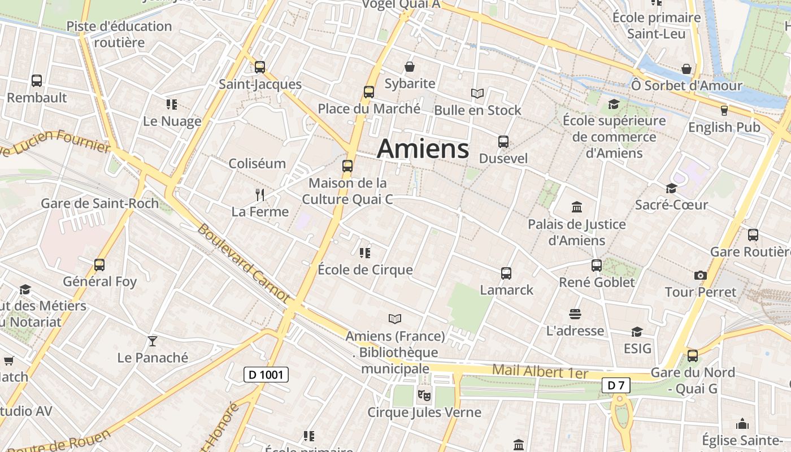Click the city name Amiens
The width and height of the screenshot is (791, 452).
tap(423, 149)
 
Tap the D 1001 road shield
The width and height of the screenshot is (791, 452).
tap(266, 374)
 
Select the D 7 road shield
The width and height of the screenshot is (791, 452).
tap(615, 386)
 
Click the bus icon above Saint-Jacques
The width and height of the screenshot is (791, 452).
tap(260, 67)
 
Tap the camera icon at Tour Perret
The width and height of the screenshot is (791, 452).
tap(701, 275)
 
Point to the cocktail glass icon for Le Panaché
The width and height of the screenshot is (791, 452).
tap(152, 341)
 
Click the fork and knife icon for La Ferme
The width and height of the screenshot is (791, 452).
tap(260, 195)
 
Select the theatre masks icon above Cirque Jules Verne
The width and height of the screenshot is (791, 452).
tap(424, 395)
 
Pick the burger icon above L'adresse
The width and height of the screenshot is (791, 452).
tap(575, 314)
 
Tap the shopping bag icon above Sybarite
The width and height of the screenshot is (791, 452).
tap(410, 67)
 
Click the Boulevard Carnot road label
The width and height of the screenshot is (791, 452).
tap(243, 263)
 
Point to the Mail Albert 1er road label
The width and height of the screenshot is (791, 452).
tap(540, 372)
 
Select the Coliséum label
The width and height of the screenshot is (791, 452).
tap(257, 164)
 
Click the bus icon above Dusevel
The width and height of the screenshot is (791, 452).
tap(503, 142)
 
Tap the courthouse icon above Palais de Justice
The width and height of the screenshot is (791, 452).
tap(577, 207)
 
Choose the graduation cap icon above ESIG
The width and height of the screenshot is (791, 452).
tap(637, 332)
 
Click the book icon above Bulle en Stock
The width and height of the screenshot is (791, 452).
tap(477, 93)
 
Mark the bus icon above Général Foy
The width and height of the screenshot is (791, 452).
tap(99, 264)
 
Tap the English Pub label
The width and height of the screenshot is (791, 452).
tap(724, 128)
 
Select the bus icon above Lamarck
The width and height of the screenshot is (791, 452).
tap(506, 273)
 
